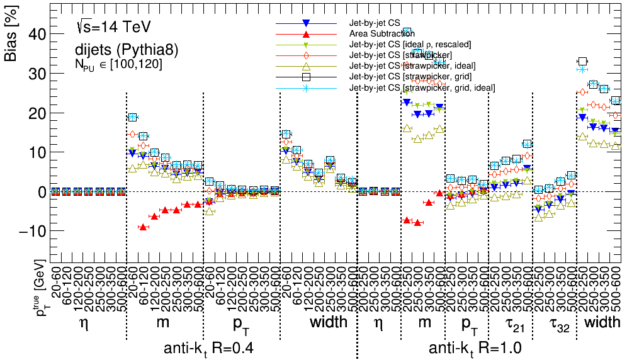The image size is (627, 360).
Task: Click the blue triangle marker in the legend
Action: [307, 23]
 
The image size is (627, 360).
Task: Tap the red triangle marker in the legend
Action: [307, 33]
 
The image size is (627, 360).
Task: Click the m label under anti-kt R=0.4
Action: [165, 322]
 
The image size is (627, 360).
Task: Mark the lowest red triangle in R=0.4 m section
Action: [143, 227]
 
